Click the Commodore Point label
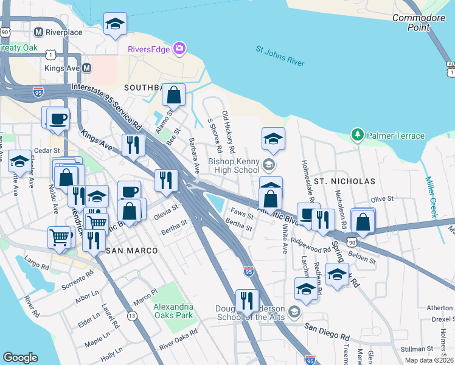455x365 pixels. click(x=420, y=23)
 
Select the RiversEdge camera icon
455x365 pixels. click(x=179, y=48)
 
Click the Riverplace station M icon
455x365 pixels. click(x=38, y=32)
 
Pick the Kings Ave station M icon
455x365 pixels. click(x=87, y=68)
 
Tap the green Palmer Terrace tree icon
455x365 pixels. click(x=358, y=135)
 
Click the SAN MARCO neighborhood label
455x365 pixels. click(x=132, y=251)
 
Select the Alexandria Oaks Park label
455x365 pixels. click(x=173, y=311)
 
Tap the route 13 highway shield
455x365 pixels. click(x=132, y=315)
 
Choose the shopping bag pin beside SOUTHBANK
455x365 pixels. click(x=173, y=95)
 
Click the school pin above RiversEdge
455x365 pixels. click(x=115, y=24)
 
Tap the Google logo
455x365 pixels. click(x=20, y=358)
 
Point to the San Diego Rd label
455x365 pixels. click(x=327, y=332)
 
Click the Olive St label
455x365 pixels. click(x=383, y=199)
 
